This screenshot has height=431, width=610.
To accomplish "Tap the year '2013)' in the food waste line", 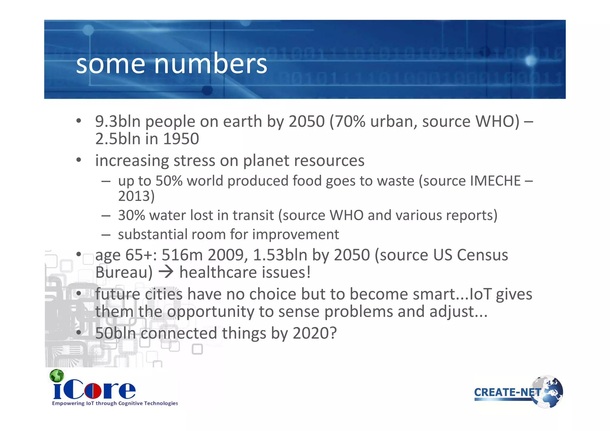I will click(136, 196).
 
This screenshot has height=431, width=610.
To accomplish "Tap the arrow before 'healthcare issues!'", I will click(166, 272).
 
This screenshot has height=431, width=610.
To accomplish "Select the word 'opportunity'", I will click(210, 312).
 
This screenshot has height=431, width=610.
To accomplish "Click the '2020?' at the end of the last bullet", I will click(315, 333).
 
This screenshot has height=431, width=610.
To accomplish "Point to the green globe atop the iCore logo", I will click(57, 376).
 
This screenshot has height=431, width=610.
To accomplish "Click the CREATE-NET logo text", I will click(507, 392).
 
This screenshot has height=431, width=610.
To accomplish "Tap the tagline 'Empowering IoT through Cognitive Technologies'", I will click(115, 403).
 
